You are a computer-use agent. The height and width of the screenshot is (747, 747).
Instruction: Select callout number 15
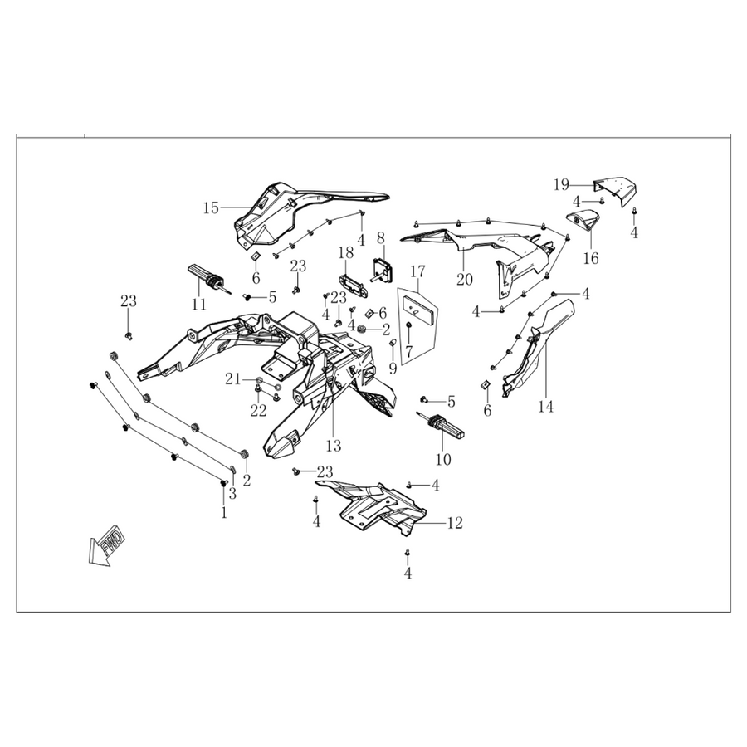coord(211,207)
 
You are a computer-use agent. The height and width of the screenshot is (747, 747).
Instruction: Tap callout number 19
coord(562,184)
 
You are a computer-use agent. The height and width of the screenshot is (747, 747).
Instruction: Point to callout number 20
coord(465,279)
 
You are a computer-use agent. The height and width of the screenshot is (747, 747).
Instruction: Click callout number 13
coord(334,446)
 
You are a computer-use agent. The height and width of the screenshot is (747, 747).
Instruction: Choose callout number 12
coord(455,523)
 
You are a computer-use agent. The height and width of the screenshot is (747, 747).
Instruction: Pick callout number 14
coord(546,407)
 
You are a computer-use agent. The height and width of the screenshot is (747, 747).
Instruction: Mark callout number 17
coord(417,271)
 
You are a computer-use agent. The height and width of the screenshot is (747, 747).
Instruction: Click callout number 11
coord(198,304)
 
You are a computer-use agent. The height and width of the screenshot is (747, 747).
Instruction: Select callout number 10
coord(443,459)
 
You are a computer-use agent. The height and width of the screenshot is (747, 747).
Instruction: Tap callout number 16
coord(591,258)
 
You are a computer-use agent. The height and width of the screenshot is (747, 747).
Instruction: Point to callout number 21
coord(233,379)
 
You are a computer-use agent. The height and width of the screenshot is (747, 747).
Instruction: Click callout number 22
coord(259,410)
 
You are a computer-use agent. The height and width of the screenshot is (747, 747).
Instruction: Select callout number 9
coord(393,368)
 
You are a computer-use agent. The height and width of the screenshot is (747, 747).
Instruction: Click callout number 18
coord(346,252)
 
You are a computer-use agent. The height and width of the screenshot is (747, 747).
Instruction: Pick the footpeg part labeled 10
coord(442,424)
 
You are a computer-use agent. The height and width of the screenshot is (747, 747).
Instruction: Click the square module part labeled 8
coord(383,269)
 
